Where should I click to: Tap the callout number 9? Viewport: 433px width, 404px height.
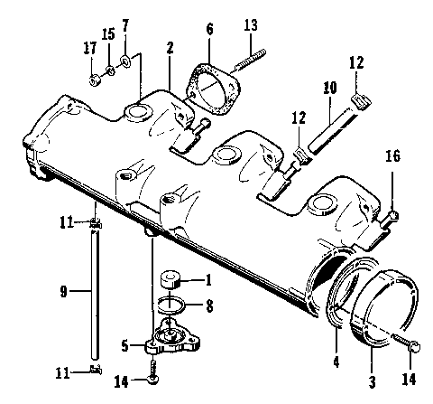coord(63,291)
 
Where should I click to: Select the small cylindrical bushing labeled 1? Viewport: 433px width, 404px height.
coord(172,280)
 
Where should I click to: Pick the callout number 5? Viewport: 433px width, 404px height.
coord(125,344)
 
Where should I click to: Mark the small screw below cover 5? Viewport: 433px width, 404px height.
coord(154,370)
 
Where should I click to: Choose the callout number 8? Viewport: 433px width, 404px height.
coord(208,306)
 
